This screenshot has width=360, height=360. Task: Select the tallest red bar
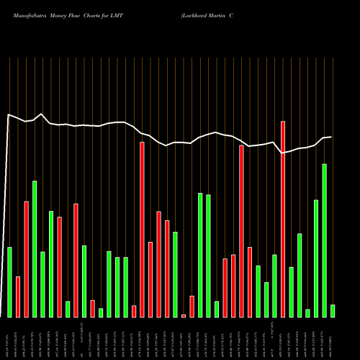click(x=283, y=219)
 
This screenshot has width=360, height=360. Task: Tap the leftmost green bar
click(x=9, y=282)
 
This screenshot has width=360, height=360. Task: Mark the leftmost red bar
click(x=18, y=297)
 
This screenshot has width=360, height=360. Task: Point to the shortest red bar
click(x=184, y=315)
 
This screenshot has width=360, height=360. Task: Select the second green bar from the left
click(x=35, y=248)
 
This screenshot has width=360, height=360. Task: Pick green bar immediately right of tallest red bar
click(x=291, y=292)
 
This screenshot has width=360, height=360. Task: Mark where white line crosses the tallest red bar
click(x=283, y=153)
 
